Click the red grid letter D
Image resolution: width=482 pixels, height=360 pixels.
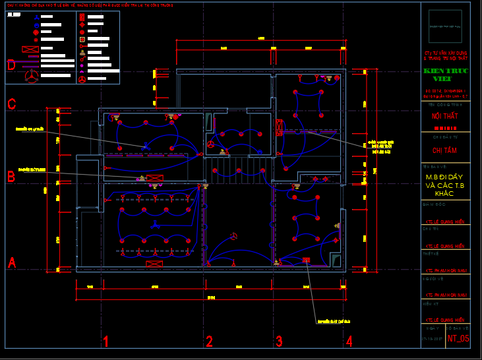(x=11, y=65)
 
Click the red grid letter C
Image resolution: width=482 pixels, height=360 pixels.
(x=11, y=104)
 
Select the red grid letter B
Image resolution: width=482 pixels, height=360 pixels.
(x=11, y=177)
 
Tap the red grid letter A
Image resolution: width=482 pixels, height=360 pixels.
(x=11, y=262)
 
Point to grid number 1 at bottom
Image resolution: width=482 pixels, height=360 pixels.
(x=105, y=342)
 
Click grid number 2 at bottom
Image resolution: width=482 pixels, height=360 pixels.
(x=209, y=342)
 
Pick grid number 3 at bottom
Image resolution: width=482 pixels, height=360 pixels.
(x=279, y=342)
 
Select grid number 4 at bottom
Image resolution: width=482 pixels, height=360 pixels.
(x=349, y=342)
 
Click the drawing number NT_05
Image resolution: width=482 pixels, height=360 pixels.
(x=458, y=339)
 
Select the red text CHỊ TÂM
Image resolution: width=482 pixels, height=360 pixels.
(x=444, y=151)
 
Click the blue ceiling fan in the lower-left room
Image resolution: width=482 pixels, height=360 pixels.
(x=154, y=225)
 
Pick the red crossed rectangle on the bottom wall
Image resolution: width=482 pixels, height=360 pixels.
(x=154, y=264)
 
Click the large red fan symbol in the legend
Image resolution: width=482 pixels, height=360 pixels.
(x=31, y=76)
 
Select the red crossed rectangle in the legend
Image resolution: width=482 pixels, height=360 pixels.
(x=30, y=49)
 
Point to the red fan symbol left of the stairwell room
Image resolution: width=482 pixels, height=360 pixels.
(x=211, y=144)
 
